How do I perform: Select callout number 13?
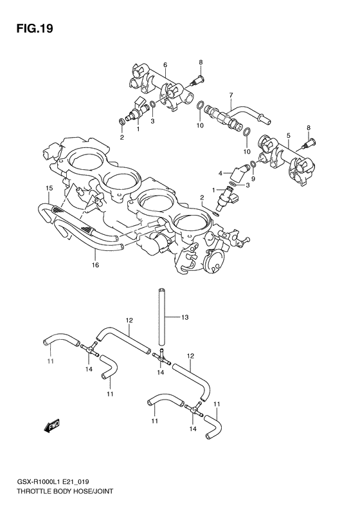point(185,317)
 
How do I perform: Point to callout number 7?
point(230,95)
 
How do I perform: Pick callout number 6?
point(165,65)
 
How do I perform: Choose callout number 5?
point(289,136)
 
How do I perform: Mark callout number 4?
point(221,172)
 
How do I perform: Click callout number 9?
point(253,179)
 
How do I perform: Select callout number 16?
point(95,264)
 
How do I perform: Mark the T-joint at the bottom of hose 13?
point(161,355)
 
